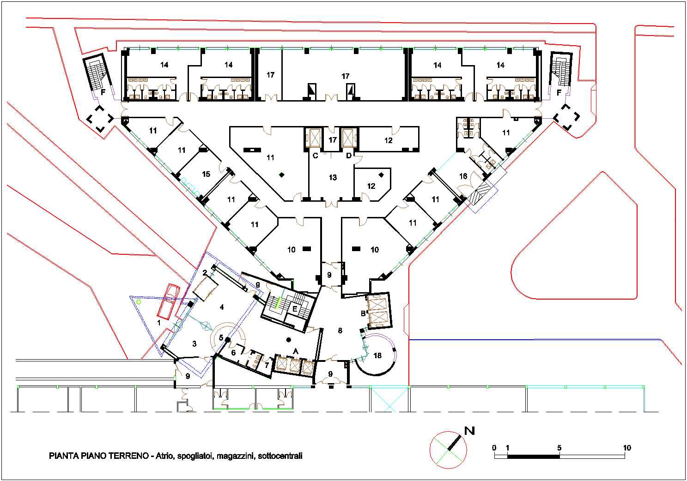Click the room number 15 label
[x=206, y=174]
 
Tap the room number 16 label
[x=463, y=176]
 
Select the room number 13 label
[x=333, y=177]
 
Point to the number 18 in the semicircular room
[x=377, y=356]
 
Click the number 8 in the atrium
[x=340, y=331]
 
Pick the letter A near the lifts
[x=296, y=351]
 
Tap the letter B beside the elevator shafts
[x=363, y=313]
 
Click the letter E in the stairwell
[x=294, y=309]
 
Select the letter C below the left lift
[x=315, y=156]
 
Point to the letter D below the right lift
[x=349, y=156]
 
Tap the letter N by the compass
[x=469, y=431]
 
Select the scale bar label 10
[x=627, y=448]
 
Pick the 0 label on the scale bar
[x=494, y=448]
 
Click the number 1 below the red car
[x=159, y=322]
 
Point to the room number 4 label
[x=222, y=307]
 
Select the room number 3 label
[x=195, y=344]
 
